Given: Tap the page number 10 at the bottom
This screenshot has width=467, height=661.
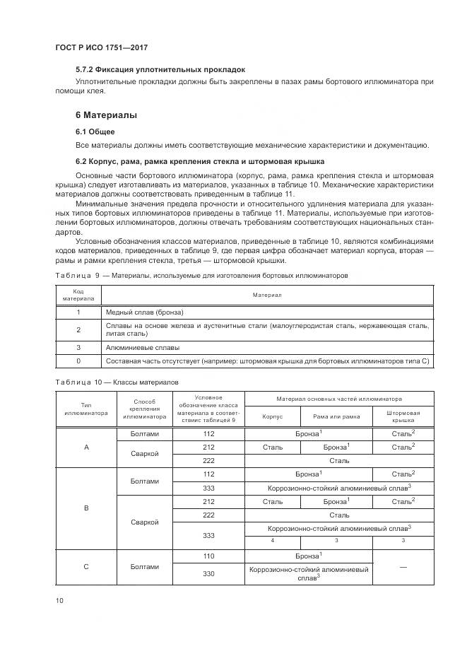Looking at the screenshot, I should pyautogui.click(x=60, y=600).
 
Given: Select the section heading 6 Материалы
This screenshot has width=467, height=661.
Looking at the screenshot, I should pyautogui.click(x=106, y=115).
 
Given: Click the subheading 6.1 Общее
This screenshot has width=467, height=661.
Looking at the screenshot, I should pyautogui.click(x=95, y=131).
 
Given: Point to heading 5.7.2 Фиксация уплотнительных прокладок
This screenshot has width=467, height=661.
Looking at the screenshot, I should pyautogui.click(x=160, y=70).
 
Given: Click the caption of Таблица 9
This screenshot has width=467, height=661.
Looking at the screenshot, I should pyautogui.click(x=201, y=275).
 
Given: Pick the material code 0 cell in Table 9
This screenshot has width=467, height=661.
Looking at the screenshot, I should pyautogui.click(x=78, y=361).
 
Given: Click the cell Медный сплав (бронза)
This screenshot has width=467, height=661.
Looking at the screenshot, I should pyautogui.click(x=144, y=312).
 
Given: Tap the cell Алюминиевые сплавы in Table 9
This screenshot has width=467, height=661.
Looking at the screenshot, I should pyautogui.click(x=142, y=347).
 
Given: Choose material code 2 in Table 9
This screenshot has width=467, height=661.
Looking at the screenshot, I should pyautogui.click(x=78, y=329).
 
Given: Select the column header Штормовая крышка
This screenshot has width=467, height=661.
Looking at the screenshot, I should pyautogui.click(x=403, y=417).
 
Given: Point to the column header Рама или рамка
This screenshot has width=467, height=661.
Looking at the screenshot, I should pyautogui.click(x=336, y=417).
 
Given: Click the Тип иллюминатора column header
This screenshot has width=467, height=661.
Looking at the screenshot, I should pyautogui.click(x=85, y=408).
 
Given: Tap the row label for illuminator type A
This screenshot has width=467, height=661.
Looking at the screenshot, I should pyautogui.click(x=85, y=447).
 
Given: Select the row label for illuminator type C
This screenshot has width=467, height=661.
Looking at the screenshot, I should pyautogui.click(x=85, y=566).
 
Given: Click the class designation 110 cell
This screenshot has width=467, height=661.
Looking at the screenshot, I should pyautogui.click(x=208, y=556).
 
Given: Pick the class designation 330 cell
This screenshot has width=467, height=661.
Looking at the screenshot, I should pyautogui.click(x=208, y=573).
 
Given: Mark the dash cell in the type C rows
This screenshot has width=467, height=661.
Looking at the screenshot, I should pyautogui.click(x=403, y=566).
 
